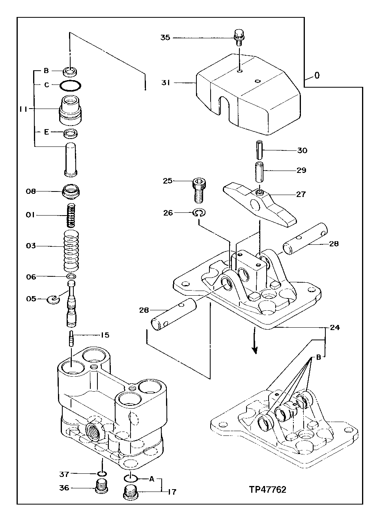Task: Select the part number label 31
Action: pos(165,83)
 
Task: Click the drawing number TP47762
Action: pos(267,490)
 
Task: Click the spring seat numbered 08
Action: pos(71,191)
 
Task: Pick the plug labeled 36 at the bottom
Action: pos(102,486)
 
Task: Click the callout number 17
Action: pos(172,492)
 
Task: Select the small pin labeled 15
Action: pos(71,339)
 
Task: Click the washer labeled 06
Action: pos(71,276)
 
